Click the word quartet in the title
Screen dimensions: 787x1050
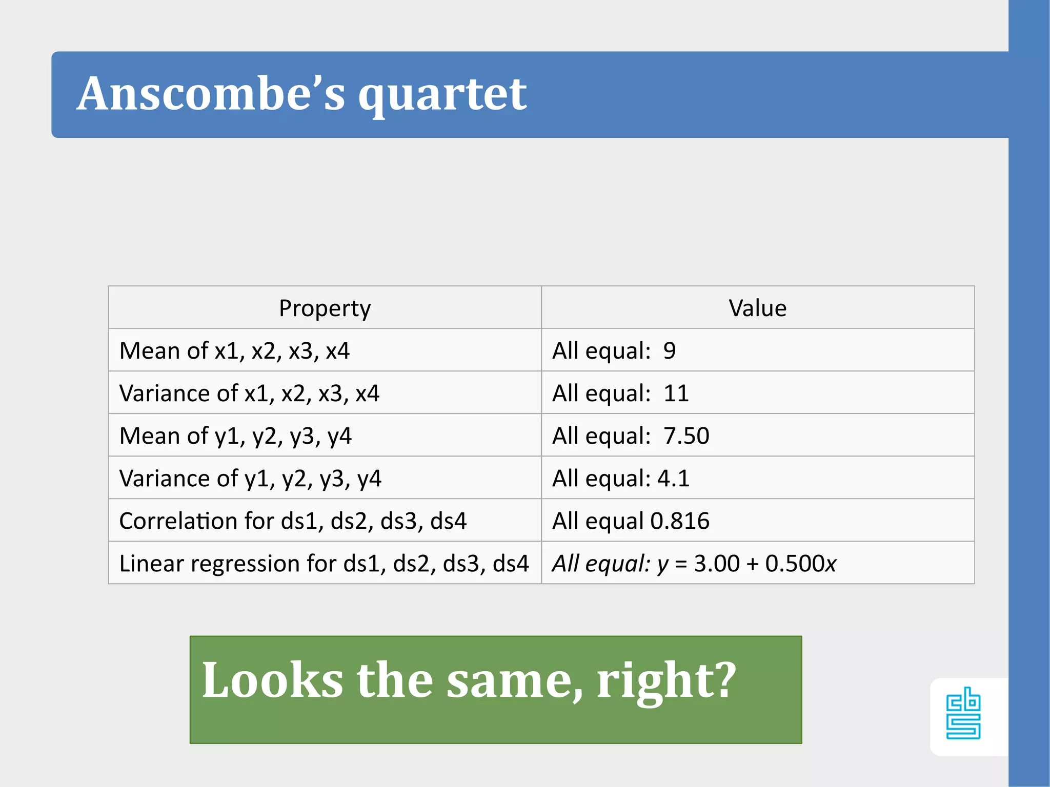[442, 95]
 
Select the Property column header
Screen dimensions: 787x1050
[325, 308]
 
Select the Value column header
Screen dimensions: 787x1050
[757, 308]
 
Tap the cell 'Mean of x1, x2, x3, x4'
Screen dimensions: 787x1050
[234, 351]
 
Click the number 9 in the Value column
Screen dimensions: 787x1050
[669, 351]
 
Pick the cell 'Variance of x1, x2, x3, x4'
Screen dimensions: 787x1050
[249, 393]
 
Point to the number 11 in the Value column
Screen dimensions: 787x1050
[676, 393]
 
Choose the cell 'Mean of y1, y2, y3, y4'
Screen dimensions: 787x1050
[235, 436]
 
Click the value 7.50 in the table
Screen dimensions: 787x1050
[686, 436]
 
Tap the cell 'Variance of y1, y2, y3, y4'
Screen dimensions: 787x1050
[250, 479]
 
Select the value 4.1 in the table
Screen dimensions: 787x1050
[673, 479]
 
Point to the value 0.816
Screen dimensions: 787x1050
[680, 521]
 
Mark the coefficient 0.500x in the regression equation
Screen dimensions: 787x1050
[801, 564]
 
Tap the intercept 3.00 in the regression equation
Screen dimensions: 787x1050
[717, 564]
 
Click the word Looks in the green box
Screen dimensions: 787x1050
[272, 680]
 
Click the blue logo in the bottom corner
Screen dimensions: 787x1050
[963, 713]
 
